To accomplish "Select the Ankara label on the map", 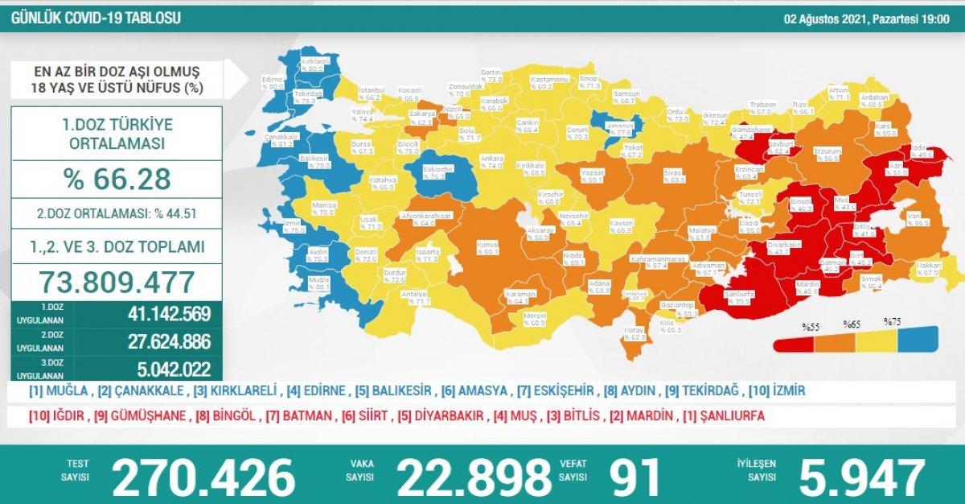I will pyautogui.click(x=491, y=160).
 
